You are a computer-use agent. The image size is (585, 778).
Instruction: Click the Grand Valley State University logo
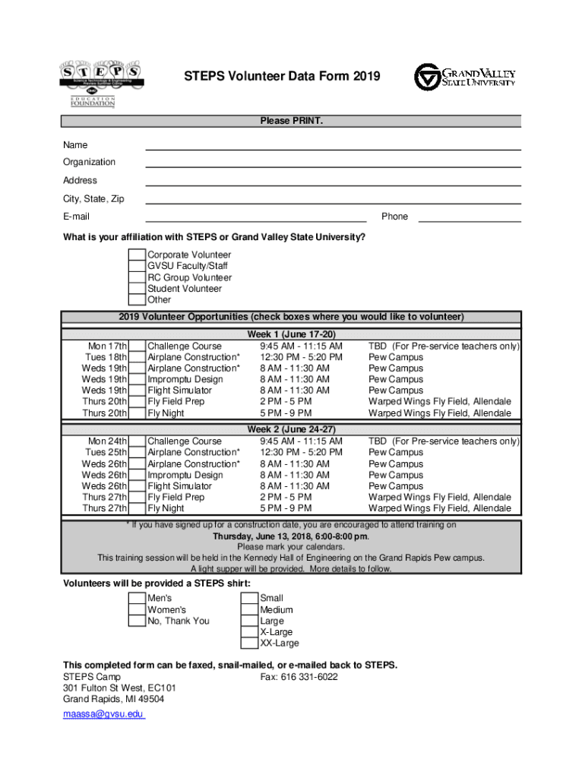(464, 77)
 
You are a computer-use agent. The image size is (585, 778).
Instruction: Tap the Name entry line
(333, 145)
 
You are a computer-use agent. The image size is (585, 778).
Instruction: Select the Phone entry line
(470, 217)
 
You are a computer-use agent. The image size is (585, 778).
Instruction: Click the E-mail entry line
(256, 217)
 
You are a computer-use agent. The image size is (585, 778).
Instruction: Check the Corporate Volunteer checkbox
(137, 255)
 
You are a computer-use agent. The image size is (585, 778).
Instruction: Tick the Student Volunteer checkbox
(137, 289)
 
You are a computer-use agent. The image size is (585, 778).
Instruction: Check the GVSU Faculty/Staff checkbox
(137, 267)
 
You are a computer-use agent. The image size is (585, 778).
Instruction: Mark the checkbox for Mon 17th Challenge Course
(137, 346)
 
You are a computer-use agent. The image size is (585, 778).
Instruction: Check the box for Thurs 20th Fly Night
(137, 413)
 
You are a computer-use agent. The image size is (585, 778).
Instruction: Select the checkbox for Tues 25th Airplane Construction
(137, 453)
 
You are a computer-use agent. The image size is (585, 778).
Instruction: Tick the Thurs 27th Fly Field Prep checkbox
(137, 498)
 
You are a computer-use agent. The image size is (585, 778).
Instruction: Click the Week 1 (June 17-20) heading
(292, 335)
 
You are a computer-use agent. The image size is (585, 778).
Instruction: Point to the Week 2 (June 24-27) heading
(292, 430)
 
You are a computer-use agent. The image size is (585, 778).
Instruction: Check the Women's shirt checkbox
(137, 610)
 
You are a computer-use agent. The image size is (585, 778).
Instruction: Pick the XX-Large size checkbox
(249, 644)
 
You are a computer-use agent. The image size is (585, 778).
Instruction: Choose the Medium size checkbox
(249, 610)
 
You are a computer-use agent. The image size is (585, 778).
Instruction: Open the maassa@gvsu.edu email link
(103, 715)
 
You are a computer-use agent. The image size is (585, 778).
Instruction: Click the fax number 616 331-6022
(299, 677)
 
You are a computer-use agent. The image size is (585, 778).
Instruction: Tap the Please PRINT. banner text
(292, 122)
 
